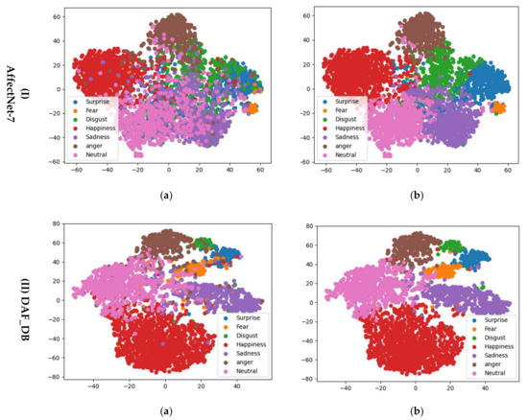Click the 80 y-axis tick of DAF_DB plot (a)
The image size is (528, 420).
[x=57, y=223]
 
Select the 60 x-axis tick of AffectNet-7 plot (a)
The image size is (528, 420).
[x=260, y=170]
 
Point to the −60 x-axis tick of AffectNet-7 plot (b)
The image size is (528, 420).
[x=326, y=170]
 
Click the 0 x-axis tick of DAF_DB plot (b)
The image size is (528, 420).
[x=416, y=387]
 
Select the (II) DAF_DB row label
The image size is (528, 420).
[x=25, y=310]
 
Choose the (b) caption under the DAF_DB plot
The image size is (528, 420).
[x=417, y=411]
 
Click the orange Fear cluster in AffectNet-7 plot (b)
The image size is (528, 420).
[x=498, y=108]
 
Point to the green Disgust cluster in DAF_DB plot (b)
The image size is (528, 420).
[x=451, y=246]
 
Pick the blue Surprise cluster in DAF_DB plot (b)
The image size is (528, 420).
[x=475, y=259]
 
